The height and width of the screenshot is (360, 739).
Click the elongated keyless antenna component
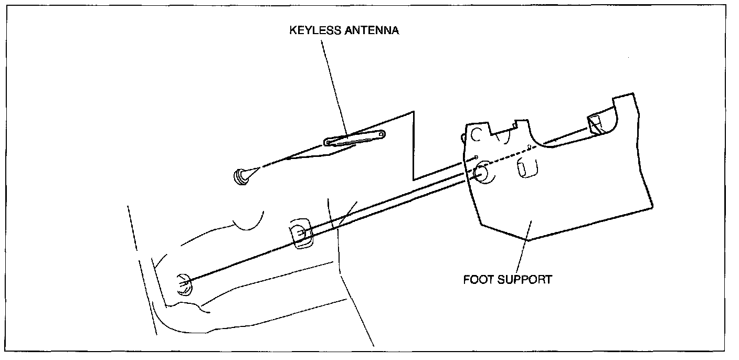coord(355,137)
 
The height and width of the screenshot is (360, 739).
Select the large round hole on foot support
coord(481,173)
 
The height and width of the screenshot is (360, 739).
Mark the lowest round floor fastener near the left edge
coord(184,284)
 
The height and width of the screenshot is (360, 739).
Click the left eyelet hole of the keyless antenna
coord(330,141)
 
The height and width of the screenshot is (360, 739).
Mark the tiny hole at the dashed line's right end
coord(530,147)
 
